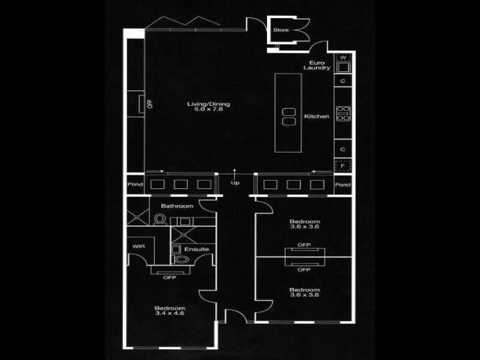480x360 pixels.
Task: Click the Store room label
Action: click(281, 30)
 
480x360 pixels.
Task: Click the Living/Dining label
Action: click(208, 104)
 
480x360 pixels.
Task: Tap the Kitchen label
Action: click(317, 116)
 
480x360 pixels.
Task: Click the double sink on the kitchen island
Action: click(287, 116)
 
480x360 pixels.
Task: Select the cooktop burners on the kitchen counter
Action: click(343, 113)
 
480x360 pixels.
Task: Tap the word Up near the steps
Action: click(235, 183)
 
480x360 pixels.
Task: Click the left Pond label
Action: click(135, 185)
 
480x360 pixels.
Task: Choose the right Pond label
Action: click(343, 185)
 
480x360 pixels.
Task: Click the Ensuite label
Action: click(197, 248)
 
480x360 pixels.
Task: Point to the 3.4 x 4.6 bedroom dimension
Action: click(169, 313)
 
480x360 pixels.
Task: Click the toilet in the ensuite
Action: click(181, 259)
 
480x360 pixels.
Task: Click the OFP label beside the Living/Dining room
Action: click(149, 103)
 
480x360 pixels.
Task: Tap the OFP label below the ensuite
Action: click(170, 277)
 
